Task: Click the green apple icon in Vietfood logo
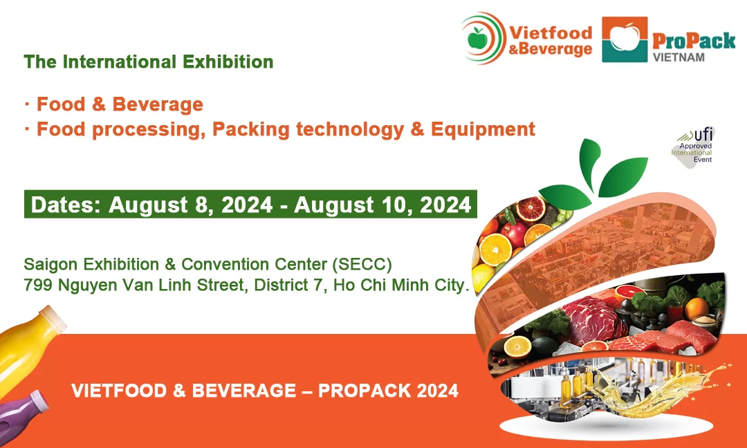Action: click(478, 38)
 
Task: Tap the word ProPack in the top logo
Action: click(694, 41)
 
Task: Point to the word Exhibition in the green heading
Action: click(228, 62)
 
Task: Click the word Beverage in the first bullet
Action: click(158, 104)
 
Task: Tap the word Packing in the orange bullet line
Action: click(250, 129)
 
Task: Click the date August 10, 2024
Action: click(382, 205)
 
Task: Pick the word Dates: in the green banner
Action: click(66, 205)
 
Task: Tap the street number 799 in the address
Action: click(38, 285)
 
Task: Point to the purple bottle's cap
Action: click(39, 399)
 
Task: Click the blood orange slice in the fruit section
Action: click(531, 209)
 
